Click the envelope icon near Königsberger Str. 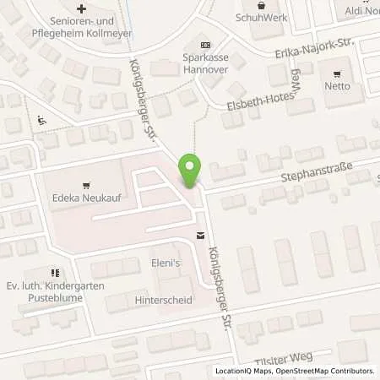coord(201,236)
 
